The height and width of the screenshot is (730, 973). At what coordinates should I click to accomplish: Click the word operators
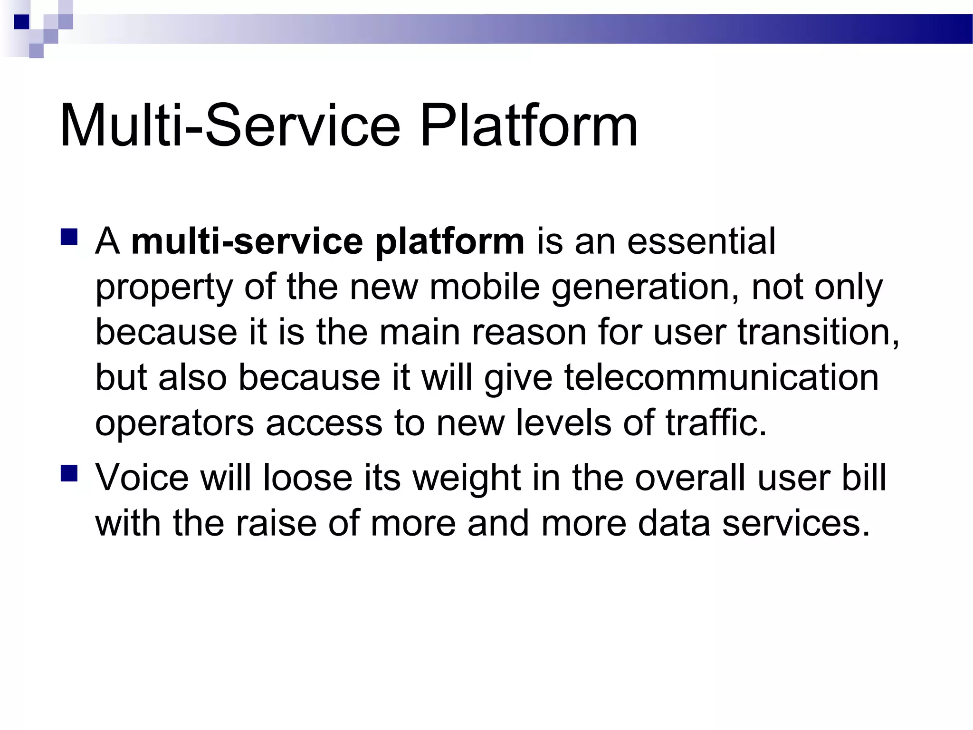(x=174, y=423)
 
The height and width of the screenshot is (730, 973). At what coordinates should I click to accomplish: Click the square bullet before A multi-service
(x=69, y=237)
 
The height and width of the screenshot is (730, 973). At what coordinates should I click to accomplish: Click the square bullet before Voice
(x=69, y=473)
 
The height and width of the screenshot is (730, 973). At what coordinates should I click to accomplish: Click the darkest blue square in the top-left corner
(x=22, y=22)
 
